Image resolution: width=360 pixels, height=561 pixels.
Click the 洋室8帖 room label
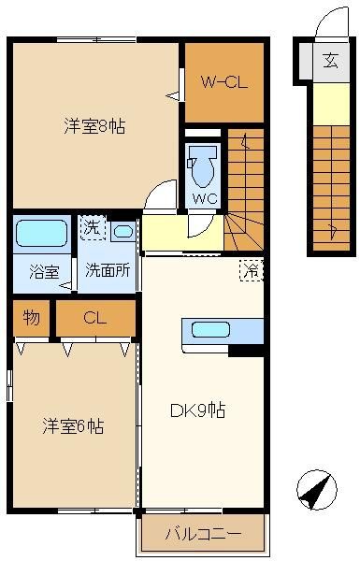94,126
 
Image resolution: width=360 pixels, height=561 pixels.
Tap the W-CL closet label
224,82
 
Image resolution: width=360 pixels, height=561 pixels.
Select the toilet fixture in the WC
203,165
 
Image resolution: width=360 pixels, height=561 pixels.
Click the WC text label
205,198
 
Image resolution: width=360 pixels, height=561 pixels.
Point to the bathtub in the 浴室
41,233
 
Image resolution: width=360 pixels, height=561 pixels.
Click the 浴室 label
44,271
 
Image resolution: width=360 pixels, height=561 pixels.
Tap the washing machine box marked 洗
93,228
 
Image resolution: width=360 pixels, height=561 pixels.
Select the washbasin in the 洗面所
123,232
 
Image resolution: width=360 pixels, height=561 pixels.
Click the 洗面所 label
108,270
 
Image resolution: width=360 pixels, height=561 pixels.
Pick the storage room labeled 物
31,318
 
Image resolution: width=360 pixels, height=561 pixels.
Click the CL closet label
94,317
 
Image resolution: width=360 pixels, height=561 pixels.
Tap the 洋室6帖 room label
73,425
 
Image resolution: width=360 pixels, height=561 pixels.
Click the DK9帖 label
197,410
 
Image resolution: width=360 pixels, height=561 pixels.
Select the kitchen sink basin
210,329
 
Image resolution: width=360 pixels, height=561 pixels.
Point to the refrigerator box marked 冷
252,270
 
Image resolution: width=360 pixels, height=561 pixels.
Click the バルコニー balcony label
203,534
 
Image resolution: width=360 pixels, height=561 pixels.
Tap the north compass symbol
317,489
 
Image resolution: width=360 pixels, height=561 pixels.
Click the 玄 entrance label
330,61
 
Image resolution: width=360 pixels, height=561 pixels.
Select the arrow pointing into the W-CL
173,95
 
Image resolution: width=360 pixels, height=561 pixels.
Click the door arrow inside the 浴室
65,285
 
